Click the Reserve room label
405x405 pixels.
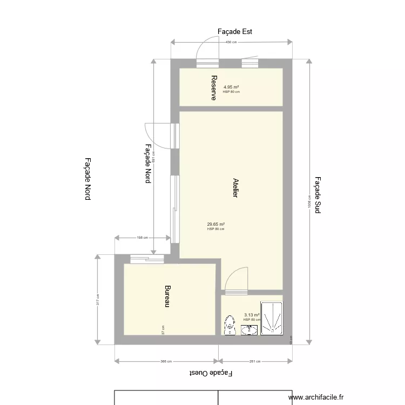pos(214,87)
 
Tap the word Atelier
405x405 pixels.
pos(235,187)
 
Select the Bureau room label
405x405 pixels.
pos(167,296)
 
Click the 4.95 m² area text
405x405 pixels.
pos(231,87)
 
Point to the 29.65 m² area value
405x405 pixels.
pos(215,224)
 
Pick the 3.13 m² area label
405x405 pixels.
pos(252,315)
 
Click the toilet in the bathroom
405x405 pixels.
pos(230,325)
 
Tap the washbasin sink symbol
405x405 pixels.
pos(249,329)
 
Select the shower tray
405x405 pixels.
pos(272,319)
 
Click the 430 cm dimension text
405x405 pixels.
pos(231,42)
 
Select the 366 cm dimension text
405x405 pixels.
pos(166,361)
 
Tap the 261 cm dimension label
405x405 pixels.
pos(255,361)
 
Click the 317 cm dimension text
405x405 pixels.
pos(98,299)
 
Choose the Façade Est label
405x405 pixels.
pos(235,32)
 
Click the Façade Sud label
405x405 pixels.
pos(318,195)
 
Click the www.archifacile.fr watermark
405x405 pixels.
pos(316,397)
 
